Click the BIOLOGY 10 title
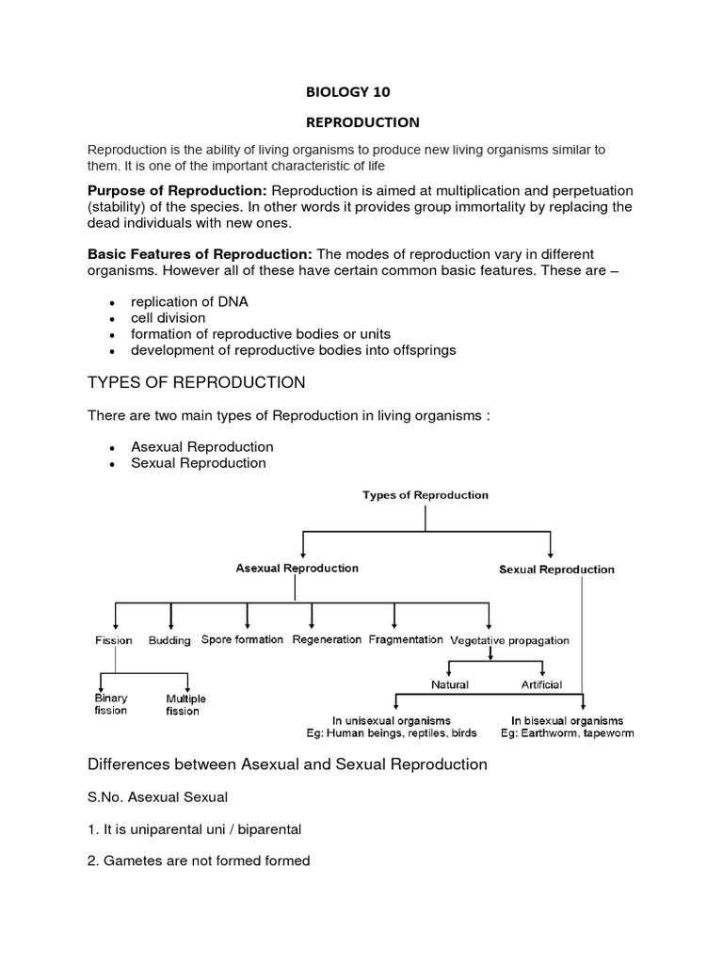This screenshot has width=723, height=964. [x=347, y=92]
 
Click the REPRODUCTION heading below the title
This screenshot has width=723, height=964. [x=362, y=122]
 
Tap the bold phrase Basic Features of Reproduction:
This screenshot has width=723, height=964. [x=200, y=255]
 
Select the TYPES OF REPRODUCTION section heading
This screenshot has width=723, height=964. [x=196, y=382]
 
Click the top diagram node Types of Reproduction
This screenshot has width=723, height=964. [x=426, y=495]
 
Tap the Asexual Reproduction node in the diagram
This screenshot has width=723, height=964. [x=297, y=569]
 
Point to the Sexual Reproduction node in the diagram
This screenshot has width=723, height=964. [x=556, y=570]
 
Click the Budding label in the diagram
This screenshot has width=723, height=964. [x=169, y=640]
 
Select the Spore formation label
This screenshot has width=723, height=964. [x=242, y=640]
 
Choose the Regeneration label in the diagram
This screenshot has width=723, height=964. [x=327, y=640]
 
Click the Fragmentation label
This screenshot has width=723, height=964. [x=406, y=640]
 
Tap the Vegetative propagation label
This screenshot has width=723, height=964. [x=509, y=640]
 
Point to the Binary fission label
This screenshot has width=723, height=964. [x=111, y=705]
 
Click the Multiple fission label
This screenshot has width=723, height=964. [x=185, y=705]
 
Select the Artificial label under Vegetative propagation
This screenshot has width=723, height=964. [x=541, y=684]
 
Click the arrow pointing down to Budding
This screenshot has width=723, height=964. [x=170, y=618]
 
